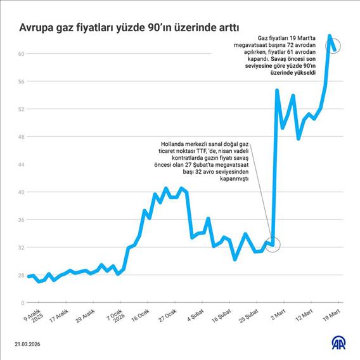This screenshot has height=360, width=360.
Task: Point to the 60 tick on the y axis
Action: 20,54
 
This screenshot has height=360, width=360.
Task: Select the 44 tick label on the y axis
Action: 20,164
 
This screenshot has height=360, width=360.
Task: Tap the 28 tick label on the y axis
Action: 20,275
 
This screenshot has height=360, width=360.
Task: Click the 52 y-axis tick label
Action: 20,109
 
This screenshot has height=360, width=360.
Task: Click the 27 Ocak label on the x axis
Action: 170,315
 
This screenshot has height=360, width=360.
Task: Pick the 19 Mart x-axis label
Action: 332,313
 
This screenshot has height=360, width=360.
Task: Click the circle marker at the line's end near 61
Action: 334,46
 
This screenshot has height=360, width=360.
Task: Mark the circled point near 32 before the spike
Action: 273,244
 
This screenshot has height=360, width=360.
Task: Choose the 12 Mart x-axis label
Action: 305,314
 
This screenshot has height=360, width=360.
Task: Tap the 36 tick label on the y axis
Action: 20,220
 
